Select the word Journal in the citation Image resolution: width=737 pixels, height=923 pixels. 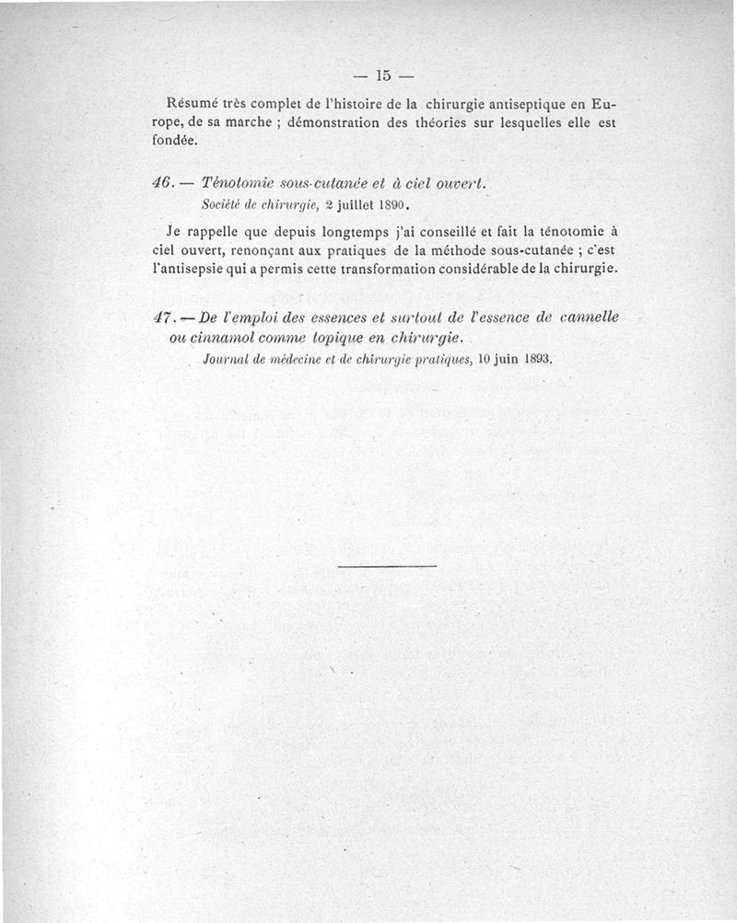coord(228,358)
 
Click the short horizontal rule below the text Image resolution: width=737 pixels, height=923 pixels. coord(387,565)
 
